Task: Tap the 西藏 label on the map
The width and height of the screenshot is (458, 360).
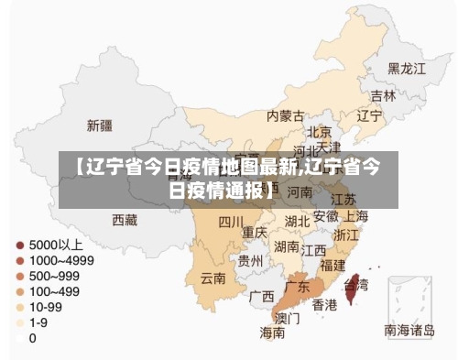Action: click(x=125, y=220)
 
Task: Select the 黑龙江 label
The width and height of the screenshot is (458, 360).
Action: click(x=406, y=68)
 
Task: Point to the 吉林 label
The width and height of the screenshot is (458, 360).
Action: click(x=383, y=95)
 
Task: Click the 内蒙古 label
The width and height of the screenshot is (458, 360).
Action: click(x=285, y=116)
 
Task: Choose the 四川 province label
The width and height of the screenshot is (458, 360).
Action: click(x=231, y=222)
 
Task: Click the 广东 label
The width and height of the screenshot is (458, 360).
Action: click(x=297, y=287)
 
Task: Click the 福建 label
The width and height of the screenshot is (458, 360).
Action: click(x=334, y=265)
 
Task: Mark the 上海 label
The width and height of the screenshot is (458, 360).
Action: click(x=355, y=217)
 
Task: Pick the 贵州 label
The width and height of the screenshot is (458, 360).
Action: click(x=250, y=261)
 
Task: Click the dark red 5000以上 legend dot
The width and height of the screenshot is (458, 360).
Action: click(x=19, y=245)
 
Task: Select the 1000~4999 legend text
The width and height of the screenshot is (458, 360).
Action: click(x=62, y=261)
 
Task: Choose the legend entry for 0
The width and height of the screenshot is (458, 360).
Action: click(x=33, y=338)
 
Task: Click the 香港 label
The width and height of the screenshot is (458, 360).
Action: click(x=324, y=304)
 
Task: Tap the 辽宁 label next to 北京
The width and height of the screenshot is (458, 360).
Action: click(x=368, y=116)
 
